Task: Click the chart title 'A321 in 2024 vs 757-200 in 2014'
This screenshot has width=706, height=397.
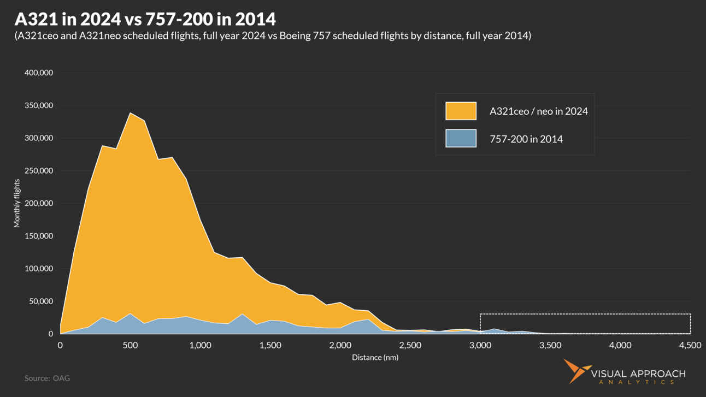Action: [x=145, y=19]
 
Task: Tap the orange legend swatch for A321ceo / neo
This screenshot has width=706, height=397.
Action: [x=461, y=111]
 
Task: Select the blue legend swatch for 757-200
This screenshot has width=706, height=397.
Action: [x=461, y=139]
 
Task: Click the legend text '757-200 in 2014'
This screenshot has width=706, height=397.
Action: [x=526, y=139]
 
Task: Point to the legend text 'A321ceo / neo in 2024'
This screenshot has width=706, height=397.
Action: [x=538, y=111]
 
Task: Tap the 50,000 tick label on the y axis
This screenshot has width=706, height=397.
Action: [x=40, y=301]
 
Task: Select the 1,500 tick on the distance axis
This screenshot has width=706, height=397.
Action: [x=270, y=345]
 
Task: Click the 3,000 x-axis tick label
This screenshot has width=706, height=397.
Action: [x=480, y=345]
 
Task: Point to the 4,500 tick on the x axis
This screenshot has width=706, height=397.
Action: [x=690, y=345]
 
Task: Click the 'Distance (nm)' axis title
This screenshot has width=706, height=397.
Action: [x=375, y=358]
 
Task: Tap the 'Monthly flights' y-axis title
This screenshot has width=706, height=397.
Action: [x=17, y=203]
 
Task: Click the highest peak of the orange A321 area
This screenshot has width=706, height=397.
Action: [x=130, y=113]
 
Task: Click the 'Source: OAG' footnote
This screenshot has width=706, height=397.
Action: [x=47, y=378]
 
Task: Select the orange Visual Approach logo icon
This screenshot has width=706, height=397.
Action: [x=576, y=371]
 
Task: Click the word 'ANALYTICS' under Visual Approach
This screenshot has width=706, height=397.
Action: [x=638, y=382]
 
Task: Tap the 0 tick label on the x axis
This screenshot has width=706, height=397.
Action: [x=60, y=345]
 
